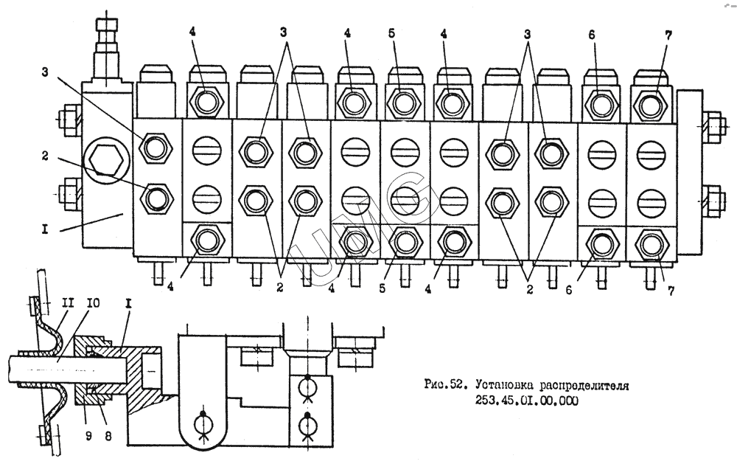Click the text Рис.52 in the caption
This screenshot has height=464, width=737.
pyautogui.click(x=447, y=385)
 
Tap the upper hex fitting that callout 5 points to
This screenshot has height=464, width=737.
pyautogui.click(x=402, y=101)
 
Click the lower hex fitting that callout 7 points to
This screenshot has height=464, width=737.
pyautogui.click(x=649, y=243)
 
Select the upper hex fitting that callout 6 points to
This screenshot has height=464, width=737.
pyautogui.click(x=598, y=101)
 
